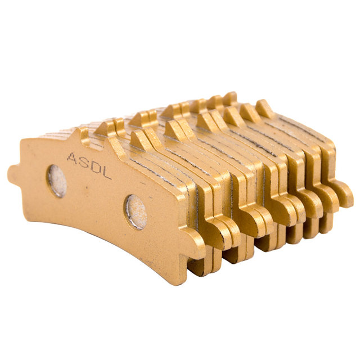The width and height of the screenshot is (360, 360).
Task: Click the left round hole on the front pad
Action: pyautogui.click(x=57, y=181)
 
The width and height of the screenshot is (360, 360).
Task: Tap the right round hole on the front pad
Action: pyautogui.click(x=136, y=212)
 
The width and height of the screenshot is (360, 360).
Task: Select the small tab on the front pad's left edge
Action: pyautogui.click(x=14, y=173)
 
